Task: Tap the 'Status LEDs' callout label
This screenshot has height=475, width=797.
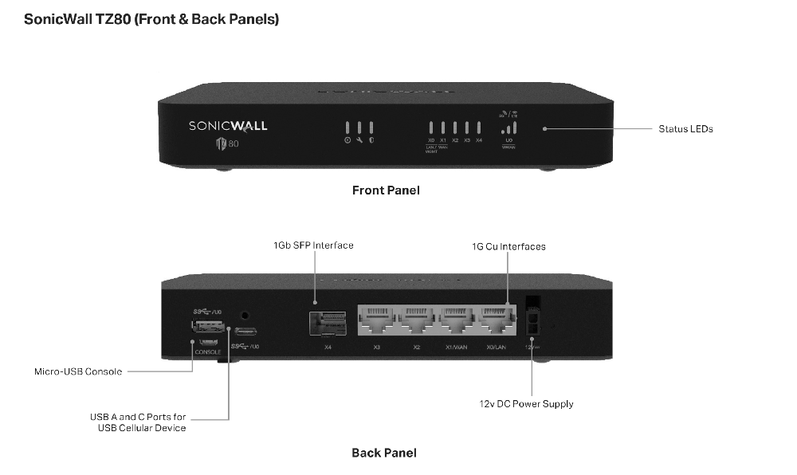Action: pyautogui.click(x=685, y=128)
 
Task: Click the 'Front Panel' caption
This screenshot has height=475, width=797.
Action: pyautogui.click(x=386, y=190)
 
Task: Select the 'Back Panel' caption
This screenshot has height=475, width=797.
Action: pyautogui.click(x=384, y=453)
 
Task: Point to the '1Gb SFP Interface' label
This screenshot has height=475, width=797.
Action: pyautogui.click(x=313, y=245)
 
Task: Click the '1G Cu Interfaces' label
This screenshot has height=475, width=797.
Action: pyautogui.click(x=508, y=246)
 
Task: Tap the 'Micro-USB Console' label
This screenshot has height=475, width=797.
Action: pyautogui.click(x=78, y=371)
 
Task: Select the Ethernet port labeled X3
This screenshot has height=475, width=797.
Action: pyautogui.click(x=377, y=320)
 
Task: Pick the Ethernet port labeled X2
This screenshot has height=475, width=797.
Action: pyautogui.click(x=417, y=320)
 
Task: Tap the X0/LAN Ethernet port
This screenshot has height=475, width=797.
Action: pyautogui.click(x=497, y=320)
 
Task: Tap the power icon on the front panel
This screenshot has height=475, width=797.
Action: pyautogui.click(x=347, y=140)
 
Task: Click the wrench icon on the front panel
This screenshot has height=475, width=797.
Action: pyautogui.click(x=359, y=140)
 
